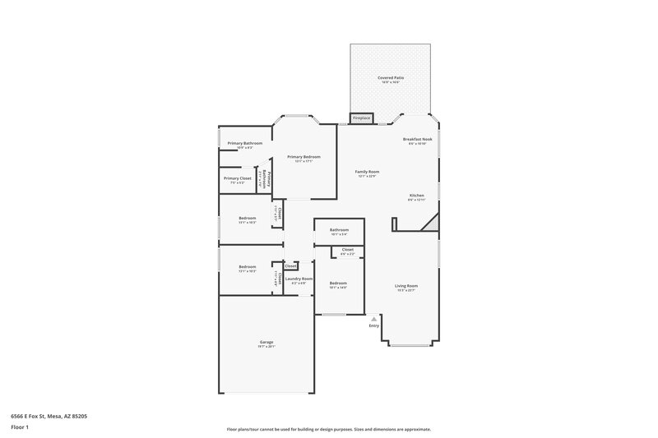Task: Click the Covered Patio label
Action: [x=391, y=77]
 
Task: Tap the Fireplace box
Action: [x=362, y=118]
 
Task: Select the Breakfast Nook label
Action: [x=417, y=139]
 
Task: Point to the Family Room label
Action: [x=367, y=171]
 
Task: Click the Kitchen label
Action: [x=417, y=196]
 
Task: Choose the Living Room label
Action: [x=406, y=285]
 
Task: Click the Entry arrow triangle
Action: [x=374, y=318]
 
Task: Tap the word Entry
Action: [x=374, y=325]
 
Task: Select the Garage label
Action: [x=266, y=342]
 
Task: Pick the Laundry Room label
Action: [x=299, y=279]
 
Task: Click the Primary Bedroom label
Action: [x=304, y=156]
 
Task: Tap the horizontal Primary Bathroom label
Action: [x=245, y=143]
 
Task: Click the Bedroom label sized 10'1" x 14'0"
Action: [x=338, y=283]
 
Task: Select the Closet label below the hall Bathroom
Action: [x=348, y=249]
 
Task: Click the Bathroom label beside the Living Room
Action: [x=339, y=229]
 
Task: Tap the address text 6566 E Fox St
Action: [x=49, y=417]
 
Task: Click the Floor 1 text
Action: [x=20, y=428]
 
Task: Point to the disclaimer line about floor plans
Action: [x=328, y=429]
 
